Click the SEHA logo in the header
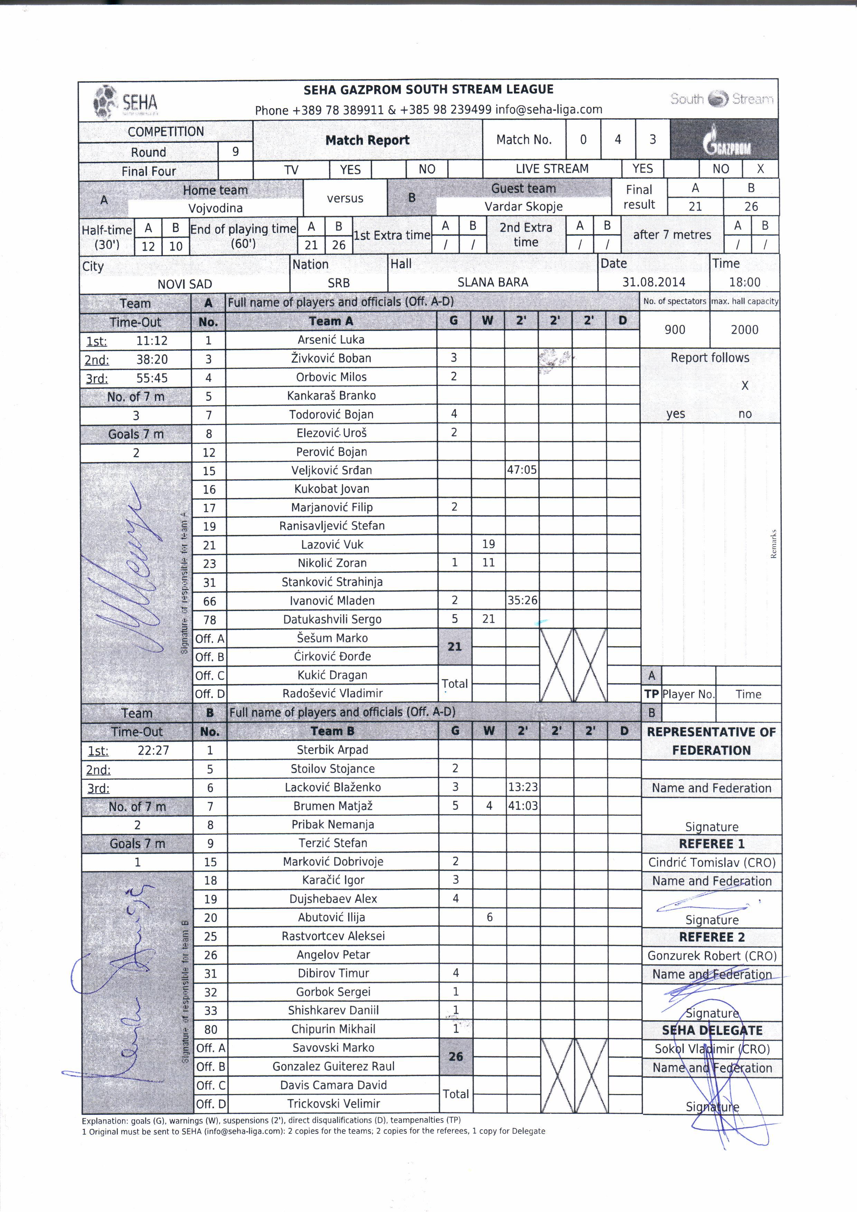pos(126,100)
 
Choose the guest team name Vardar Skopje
pos(523,206)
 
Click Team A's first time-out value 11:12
pos(152,341)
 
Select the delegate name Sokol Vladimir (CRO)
pos(711,1049)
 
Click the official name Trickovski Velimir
pos(333,1103)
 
